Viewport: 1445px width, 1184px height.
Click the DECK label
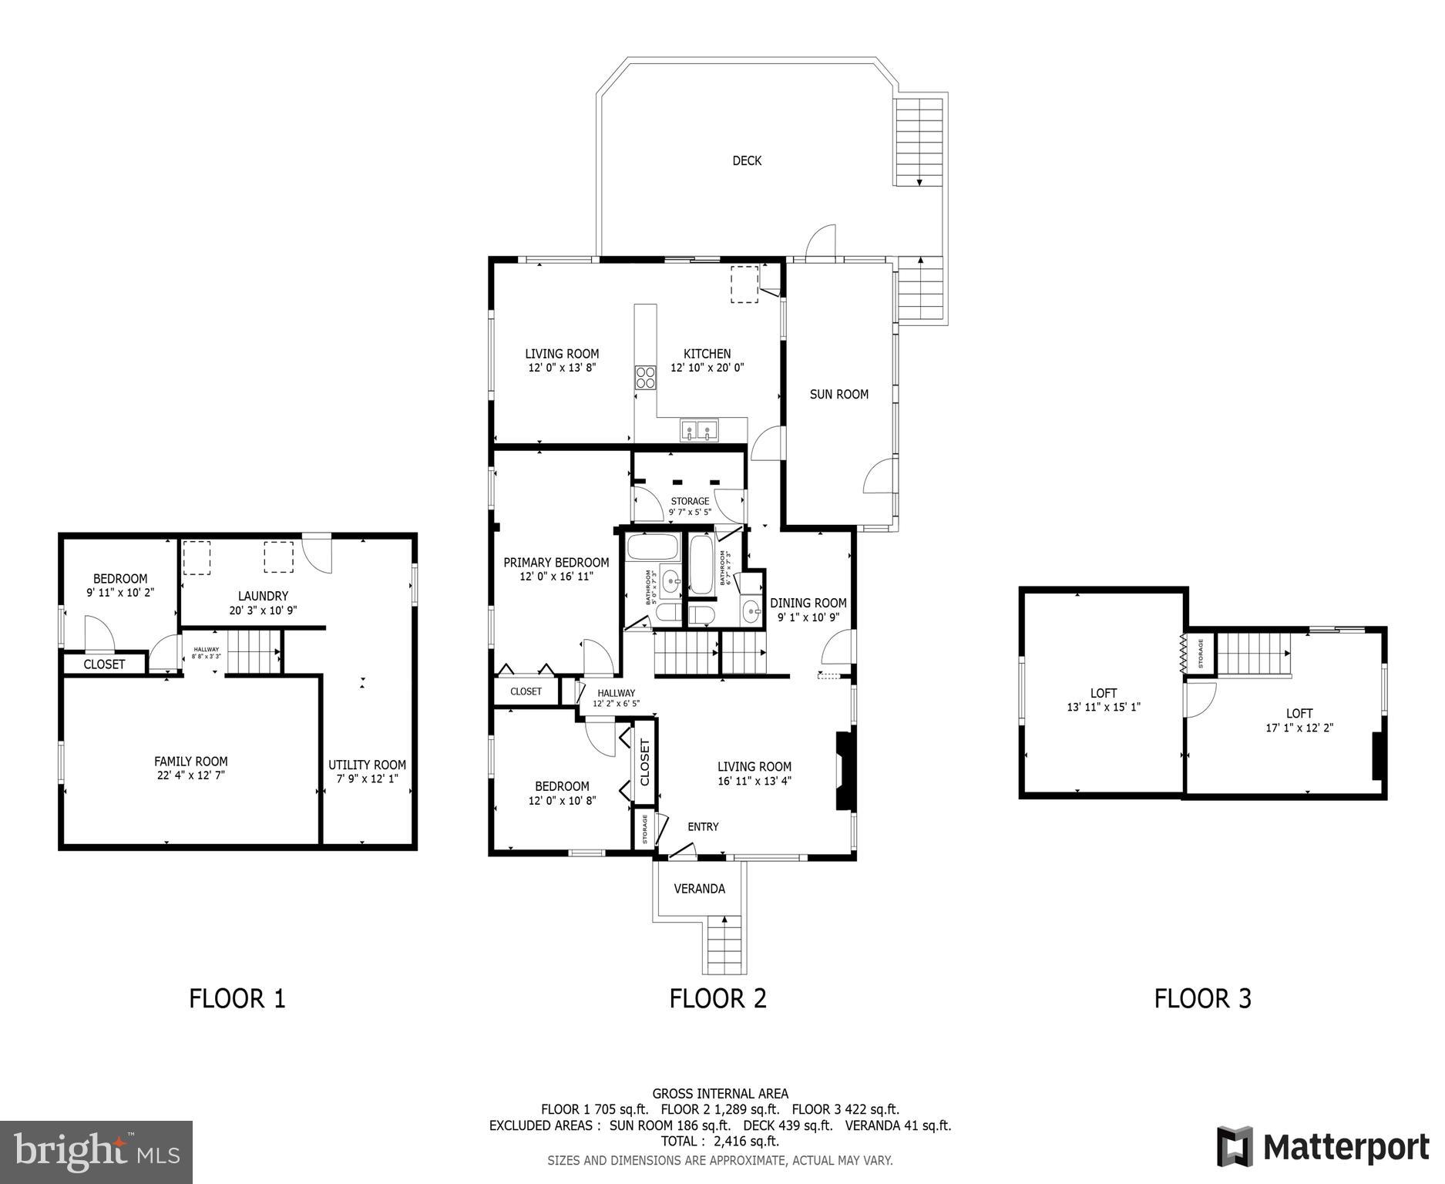click(746, 160)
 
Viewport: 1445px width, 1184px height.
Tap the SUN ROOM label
click(838, 394)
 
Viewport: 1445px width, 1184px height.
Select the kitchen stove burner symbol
click(645, 377)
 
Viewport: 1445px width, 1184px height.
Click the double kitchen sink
click(699, 429)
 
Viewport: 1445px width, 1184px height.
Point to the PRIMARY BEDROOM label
click(556, 563)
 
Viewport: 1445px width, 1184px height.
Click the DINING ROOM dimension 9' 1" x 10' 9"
click(808, 617)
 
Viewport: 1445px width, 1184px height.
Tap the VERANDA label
click(699, 889)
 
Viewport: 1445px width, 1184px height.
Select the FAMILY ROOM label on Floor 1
click(190, 762)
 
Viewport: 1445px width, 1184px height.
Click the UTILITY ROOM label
click(367, 765)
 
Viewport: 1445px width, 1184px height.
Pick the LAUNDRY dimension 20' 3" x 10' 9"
click(263, 610)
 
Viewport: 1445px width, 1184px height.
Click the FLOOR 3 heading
click(1202, 998)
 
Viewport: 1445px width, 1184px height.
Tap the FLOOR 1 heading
click(237, 998)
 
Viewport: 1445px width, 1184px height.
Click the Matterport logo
click(1322, 1147)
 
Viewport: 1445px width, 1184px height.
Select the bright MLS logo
click(96, 1152)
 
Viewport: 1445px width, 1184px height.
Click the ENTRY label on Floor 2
click(702, 826)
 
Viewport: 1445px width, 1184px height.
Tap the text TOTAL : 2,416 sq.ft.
click(720, 1140)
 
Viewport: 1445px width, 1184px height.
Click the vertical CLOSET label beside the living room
click(645, 762)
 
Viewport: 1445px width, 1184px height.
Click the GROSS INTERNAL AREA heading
click(720, 1093)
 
